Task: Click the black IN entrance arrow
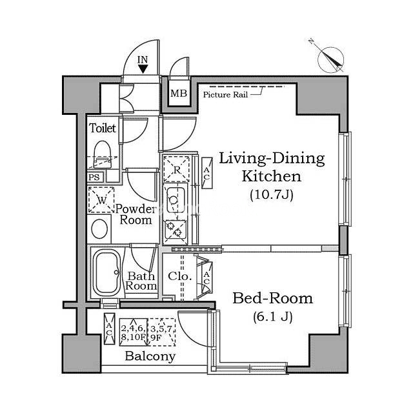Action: [143, 69]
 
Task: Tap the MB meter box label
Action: [179, 93]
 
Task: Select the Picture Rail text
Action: [225, 95]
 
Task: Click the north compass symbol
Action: [330, 59]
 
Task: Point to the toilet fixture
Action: [102, 154]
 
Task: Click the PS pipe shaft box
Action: [95, 177]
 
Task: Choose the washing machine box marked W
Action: [101, 200]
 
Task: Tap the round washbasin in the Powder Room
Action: [99, 229]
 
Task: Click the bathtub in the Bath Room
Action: [107, 273]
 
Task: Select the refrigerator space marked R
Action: [176, 169]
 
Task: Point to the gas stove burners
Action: [174, 229]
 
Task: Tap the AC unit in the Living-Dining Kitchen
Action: [206, 174]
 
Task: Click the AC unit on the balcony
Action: [109, 328]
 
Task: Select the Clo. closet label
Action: [179, 276]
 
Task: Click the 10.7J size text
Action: [272, 195]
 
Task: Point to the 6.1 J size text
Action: [273, 317]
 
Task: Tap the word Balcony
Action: [150, 356]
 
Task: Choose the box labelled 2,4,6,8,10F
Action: [134, 332]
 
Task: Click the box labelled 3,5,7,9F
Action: [162, 332]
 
